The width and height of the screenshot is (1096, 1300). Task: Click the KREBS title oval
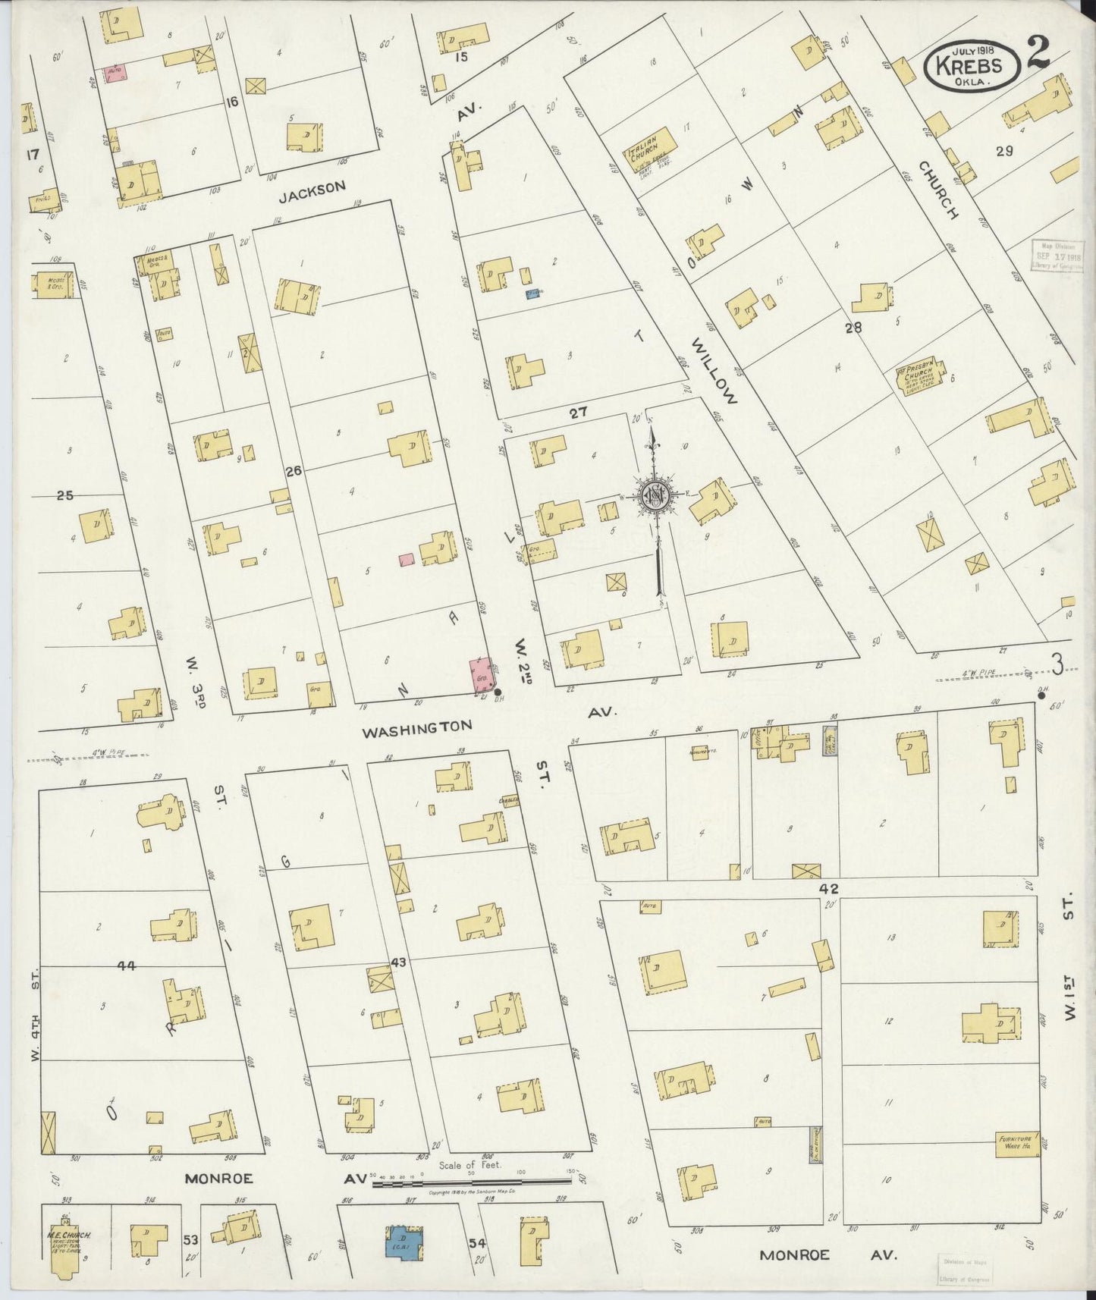tap(973, 67)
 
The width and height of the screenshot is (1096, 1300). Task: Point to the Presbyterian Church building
tap(921, 378)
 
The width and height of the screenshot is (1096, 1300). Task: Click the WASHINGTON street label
tap(416, 729)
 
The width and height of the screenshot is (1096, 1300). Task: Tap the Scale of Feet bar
tap(473, 1182)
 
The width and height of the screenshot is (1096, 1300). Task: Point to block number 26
tap(294, 471)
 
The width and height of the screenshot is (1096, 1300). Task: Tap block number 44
tap(126, 966)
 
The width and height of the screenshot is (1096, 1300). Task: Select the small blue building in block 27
tap(532, 293)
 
